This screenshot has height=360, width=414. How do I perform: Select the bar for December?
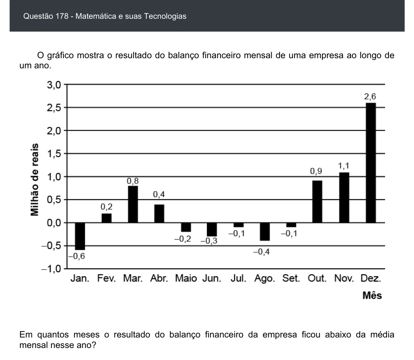pyautogui.click(x=371, y=163)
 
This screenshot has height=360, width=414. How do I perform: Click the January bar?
pyautogui.click(x=80, y=236)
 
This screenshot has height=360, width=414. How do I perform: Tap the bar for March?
pyautogui.click(x=133, y=204)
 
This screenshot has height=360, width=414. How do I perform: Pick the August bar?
pyautogui.click(x=265, y=232)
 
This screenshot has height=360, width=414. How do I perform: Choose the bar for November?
pyautogui.click(x=344, y=197)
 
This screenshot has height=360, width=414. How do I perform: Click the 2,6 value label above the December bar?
pyautogui.click(x=370, y=96)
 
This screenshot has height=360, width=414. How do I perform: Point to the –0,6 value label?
pyautogui.click(x=77, y=256)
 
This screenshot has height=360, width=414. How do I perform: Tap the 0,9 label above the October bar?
pyautogui.click(x=316, y=171)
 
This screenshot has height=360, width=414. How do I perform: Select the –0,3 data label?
pyautogui.click(x=209, y=241)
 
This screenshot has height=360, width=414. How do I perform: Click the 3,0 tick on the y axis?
pyautogui.click(x=54, y=85)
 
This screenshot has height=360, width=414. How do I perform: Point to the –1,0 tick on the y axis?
pyautogui.click(x=51, y=269)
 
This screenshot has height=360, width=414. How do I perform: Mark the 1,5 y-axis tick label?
pyautogui.click(x=54, y=154)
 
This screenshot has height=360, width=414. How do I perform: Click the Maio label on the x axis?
pyautogui.click(x=186, y=278)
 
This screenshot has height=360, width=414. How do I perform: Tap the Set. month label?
pyautogui.click(x=291, y=278)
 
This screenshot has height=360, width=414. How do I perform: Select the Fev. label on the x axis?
pyautogui.click(x=106, y=278)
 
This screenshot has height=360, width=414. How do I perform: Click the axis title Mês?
pyautogui.click(x=372, y=295)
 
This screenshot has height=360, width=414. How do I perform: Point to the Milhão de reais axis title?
pyautogui.click(x=35, y=180)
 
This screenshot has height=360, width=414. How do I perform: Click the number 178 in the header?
pyautogui.click(x=62, y=16)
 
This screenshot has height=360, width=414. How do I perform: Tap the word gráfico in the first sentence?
pyautogui.click(x=60, y=56)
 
